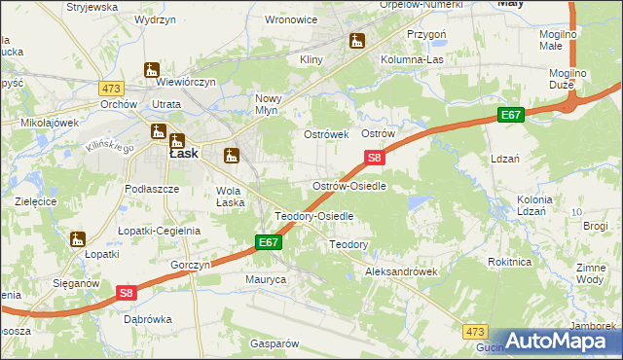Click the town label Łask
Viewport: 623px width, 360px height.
pos(184,153)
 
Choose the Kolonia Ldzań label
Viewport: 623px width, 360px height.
pos(534,205)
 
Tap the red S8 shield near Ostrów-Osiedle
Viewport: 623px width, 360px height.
pos(376,157)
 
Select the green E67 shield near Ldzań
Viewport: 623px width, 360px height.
pos(511,116)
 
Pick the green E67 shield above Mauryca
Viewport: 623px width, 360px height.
pos(269,242)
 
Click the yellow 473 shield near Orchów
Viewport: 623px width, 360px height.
pos(110,89)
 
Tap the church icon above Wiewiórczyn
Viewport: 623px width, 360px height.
pos(151,69)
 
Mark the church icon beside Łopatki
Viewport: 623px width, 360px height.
pos(78,237)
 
